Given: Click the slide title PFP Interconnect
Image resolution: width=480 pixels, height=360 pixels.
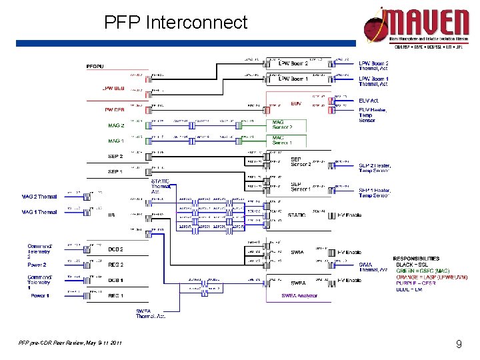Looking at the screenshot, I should [175, 23].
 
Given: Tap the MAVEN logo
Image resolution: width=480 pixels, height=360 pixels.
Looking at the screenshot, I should [417, 27].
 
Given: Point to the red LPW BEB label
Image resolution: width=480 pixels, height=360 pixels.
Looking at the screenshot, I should [113, 88].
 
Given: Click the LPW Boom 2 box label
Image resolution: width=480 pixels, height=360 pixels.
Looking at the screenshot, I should [293, 63].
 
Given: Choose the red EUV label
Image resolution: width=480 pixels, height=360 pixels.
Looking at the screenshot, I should [296, 104].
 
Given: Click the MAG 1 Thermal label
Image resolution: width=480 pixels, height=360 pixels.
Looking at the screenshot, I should [39, 212].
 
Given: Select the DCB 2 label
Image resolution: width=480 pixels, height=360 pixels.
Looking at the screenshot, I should [115, 249].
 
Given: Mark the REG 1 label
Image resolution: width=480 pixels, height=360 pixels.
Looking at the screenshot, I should [115, 295].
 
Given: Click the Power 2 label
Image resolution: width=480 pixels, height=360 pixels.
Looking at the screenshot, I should [37, 265].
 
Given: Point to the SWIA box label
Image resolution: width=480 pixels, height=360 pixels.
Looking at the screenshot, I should [297, 252].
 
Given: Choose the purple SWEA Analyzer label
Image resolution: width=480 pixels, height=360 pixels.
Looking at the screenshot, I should [299, 295].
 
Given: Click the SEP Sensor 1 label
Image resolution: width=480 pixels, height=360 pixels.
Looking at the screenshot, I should [301, 186].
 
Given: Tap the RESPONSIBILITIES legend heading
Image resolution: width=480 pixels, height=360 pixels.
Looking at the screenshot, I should [416, 258].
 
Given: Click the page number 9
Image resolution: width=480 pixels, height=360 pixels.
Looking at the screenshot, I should [459, 345].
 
